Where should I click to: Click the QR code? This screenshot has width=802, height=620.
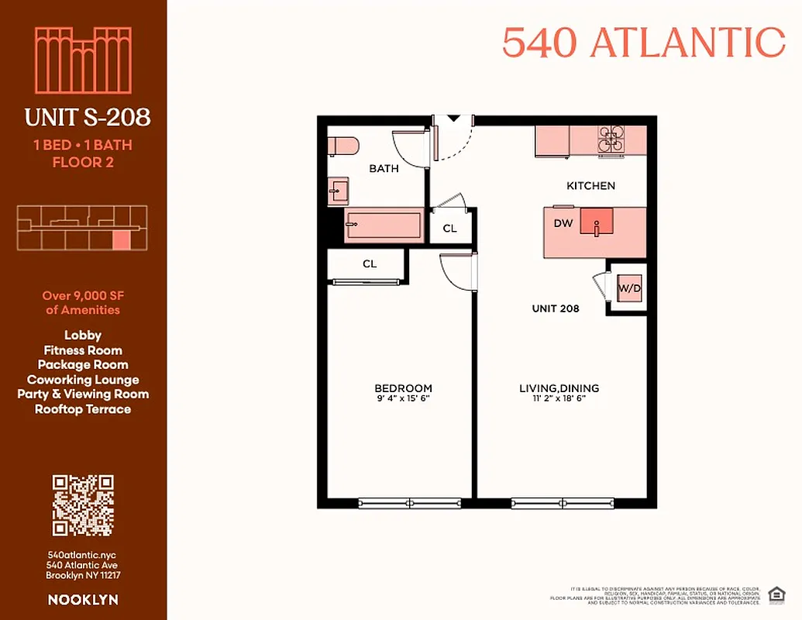point(83,505)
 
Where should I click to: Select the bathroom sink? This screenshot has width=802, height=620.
point(338,190)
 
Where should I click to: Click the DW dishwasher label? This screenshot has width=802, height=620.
point(563,223)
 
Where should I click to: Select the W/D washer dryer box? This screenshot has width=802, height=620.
point(628,289)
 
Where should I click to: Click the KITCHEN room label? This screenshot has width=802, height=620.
point(590,186)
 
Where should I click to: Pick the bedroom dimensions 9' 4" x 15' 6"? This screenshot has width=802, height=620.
point(403,400)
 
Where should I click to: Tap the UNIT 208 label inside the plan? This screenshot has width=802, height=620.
point(556,308)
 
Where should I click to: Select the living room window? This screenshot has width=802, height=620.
point(563,504)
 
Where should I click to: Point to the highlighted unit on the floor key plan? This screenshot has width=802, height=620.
point(121,239)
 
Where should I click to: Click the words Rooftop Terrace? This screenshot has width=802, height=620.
point(83,409)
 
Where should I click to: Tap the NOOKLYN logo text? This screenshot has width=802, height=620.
point(83,600)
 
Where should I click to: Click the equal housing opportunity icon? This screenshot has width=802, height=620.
point(775,594)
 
